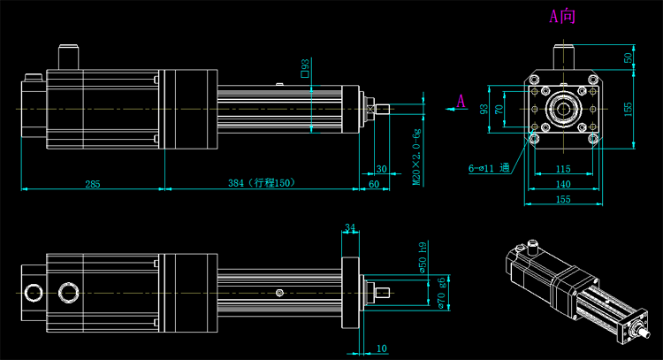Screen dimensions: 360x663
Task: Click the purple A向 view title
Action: (562, 16)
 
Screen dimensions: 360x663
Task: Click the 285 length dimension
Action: (92, 183)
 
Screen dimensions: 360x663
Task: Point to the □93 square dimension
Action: (305, 69)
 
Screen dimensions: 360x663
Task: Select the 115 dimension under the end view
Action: (562, 168)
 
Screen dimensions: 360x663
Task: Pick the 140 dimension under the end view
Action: (562, 184)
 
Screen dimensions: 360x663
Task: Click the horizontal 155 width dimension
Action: (562, 200)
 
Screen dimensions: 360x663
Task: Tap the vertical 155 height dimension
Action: (629, 107)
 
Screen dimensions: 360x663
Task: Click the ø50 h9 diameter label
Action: (422, 257)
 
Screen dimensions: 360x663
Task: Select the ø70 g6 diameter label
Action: (441, 292)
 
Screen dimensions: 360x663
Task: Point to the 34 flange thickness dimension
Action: (350, 228)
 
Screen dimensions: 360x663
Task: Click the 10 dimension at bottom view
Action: (381, 348)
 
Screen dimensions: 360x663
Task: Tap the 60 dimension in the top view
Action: (373, 183)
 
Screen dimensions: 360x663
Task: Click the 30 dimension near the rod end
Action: (381, 168)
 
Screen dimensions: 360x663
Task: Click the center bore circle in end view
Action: (562, 109)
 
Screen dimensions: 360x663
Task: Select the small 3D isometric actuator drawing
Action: (580, 287)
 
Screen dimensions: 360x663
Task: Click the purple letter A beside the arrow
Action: (461, 102)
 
